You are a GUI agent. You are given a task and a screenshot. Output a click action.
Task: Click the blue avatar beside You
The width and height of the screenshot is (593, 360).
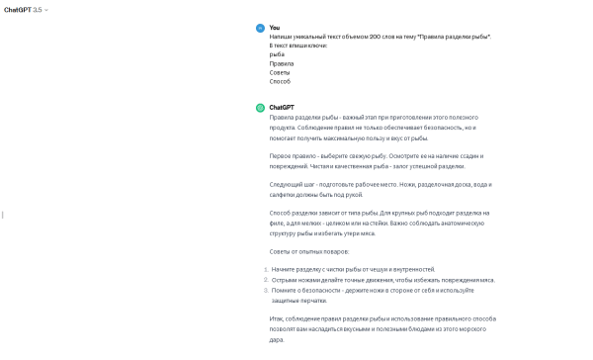(260, 29)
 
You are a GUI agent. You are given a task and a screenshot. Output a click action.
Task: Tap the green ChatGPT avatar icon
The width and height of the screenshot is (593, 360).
(260, 108)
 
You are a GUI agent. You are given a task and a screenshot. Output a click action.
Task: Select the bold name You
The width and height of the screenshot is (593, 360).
(274, 28)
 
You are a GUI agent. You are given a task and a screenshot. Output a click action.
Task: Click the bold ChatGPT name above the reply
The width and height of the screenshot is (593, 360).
(282, 107)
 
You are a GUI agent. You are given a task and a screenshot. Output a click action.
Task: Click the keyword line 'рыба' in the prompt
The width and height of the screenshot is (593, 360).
(277, 54)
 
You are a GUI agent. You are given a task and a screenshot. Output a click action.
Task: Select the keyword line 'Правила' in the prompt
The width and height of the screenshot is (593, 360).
(282, 63)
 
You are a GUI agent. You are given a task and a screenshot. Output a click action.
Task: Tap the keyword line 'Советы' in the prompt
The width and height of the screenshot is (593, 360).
(281, 72)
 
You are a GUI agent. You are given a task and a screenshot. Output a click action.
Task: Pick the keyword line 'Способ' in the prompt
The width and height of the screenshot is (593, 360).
(280, 81)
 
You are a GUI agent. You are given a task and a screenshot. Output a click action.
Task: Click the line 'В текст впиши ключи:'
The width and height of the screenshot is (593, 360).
(297, 45)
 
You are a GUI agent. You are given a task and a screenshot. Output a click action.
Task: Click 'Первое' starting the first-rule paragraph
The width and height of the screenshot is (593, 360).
(282, 155)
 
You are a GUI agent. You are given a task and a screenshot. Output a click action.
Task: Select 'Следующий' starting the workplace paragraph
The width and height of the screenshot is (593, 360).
(288, 184)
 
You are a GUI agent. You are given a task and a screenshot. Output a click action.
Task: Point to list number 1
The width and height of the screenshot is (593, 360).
(265, 269)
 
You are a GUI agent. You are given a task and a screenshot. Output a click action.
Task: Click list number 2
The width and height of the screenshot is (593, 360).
(265, 279)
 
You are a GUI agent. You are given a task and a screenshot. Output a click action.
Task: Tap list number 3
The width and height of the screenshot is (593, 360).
(265, 290)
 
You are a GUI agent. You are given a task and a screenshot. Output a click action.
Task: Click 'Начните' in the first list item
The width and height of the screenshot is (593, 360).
(286, 269)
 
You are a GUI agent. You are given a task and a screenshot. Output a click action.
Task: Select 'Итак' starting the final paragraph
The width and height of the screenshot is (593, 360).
(278, 318)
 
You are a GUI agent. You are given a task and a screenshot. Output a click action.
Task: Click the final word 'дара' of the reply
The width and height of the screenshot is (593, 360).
(277, 339)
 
